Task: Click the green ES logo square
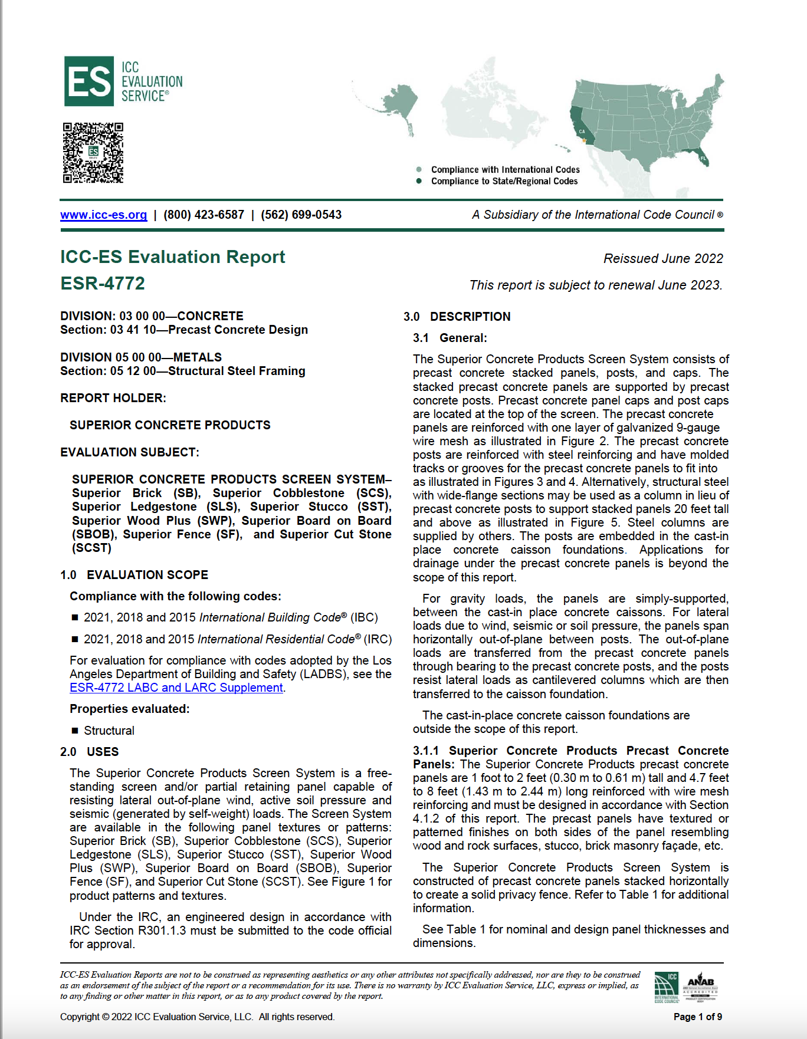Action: point(88,81)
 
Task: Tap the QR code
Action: point(93,153)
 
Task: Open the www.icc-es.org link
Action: point(103,215)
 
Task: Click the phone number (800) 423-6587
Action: point(204,215)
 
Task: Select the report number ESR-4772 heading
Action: point(103,284)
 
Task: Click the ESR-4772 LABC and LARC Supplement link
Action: point(176,688)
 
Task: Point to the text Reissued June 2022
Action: point(662,259)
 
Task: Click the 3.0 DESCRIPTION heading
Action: point(457,317)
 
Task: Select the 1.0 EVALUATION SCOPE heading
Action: point(134,575)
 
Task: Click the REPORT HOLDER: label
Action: point(113,398)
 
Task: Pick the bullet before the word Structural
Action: point(75,731)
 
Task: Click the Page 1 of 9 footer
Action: point(697,1017)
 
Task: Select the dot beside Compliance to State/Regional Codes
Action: point(419,182)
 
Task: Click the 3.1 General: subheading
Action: point(450,338)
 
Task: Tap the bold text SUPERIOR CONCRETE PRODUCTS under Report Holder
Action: point(170,425)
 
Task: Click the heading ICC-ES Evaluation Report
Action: point(172,257)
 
